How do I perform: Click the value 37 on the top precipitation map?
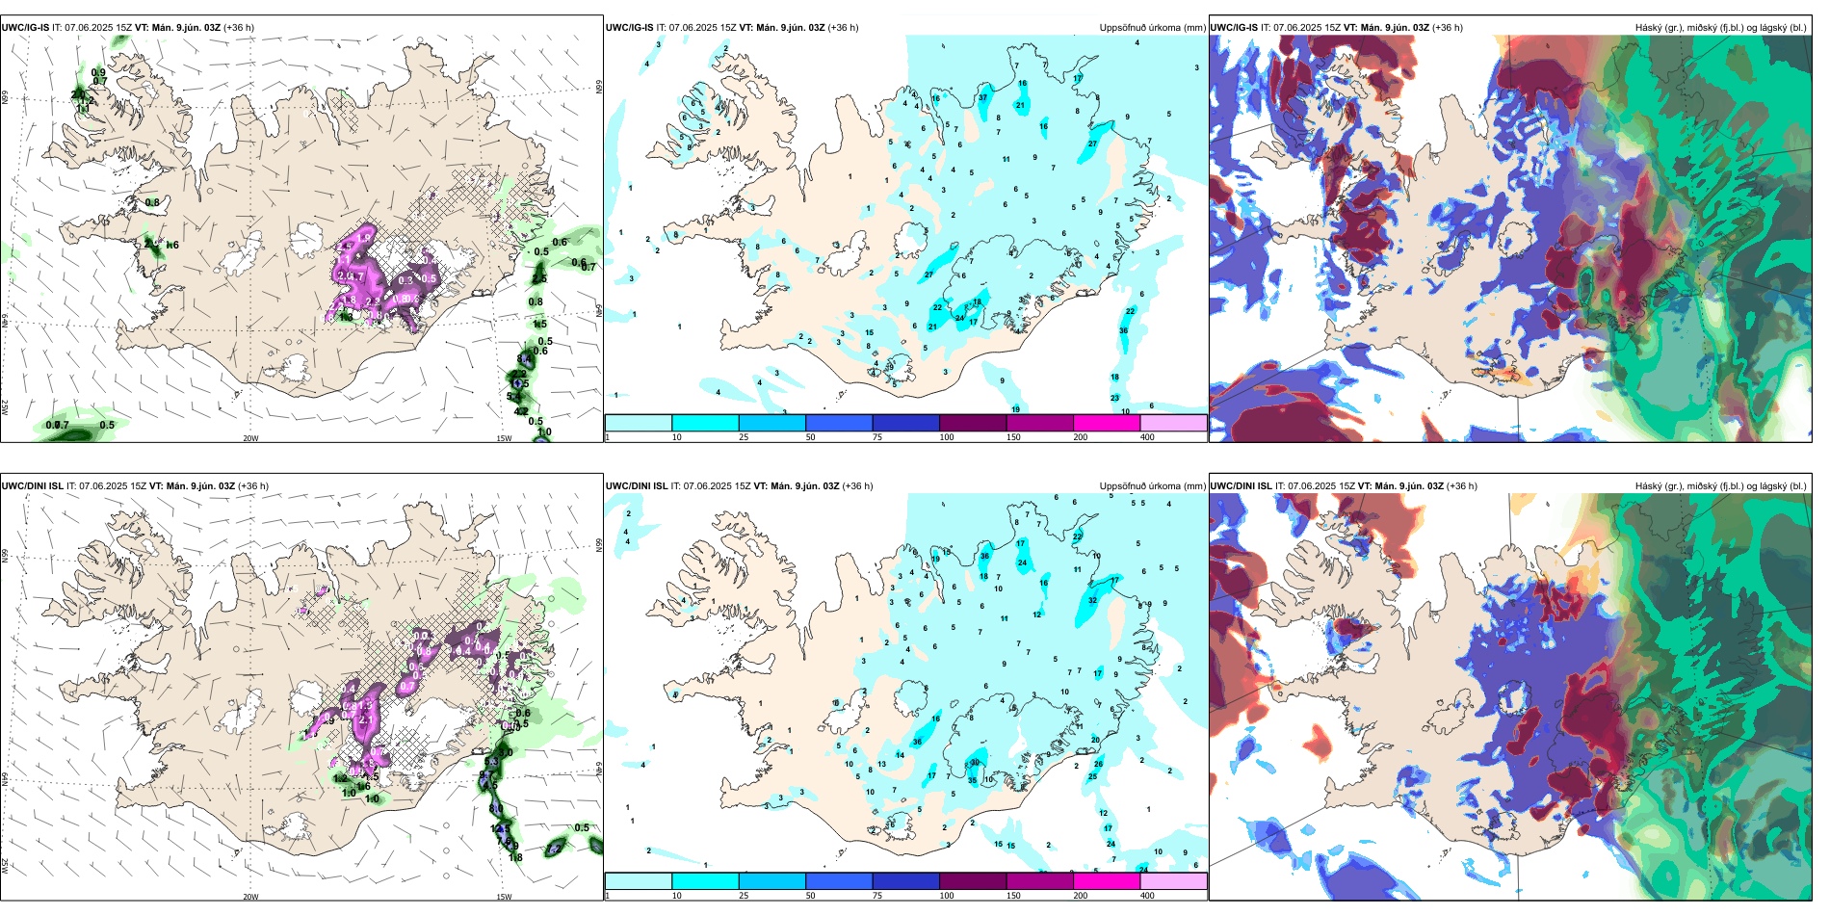[982, 98]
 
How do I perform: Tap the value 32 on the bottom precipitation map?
[1092, 600]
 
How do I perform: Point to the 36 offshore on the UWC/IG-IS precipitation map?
[1123, 330]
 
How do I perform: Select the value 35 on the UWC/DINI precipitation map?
[973, 780]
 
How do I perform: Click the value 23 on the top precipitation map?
[1114, 398]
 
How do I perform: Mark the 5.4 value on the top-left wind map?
[513, 397]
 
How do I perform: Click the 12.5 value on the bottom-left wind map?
[498, 828]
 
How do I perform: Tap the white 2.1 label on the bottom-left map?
[366, 719]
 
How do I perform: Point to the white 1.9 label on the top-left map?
[364, 237]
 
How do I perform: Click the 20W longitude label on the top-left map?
[250, 438]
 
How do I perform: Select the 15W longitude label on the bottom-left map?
[503, 897]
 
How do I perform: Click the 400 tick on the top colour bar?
[1147, 437]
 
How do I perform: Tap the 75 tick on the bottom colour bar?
[877, 896]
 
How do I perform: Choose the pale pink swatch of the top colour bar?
[1173, 423]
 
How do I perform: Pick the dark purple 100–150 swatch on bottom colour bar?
[972, 881]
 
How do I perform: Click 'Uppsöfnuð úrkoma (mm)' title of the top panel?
[1152, 28]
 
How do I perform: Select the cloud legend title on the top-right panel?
[1720, 28]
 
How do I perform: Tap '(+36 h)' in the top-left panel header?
[239, 28]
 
